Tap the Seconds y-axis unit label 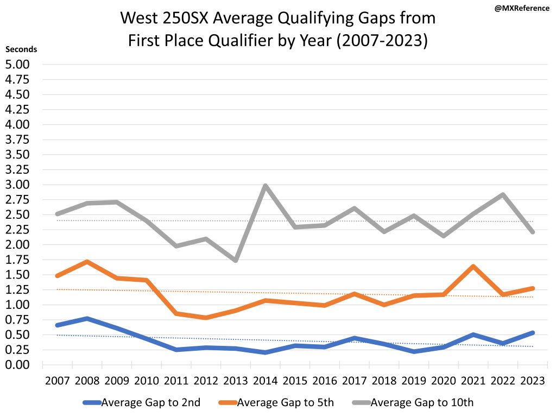[21, 49]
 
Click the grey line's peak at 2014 [265, 186]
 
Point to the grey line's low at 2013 [235, 260]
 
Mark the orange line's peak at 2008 [87, 262]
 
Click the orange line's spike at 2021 [473, 267]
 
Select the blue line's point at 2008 [87, 318]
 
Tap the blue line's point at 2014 [265, 352]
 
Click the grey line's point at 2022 [503, 195]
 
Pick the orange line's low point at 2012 [206, 318]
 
